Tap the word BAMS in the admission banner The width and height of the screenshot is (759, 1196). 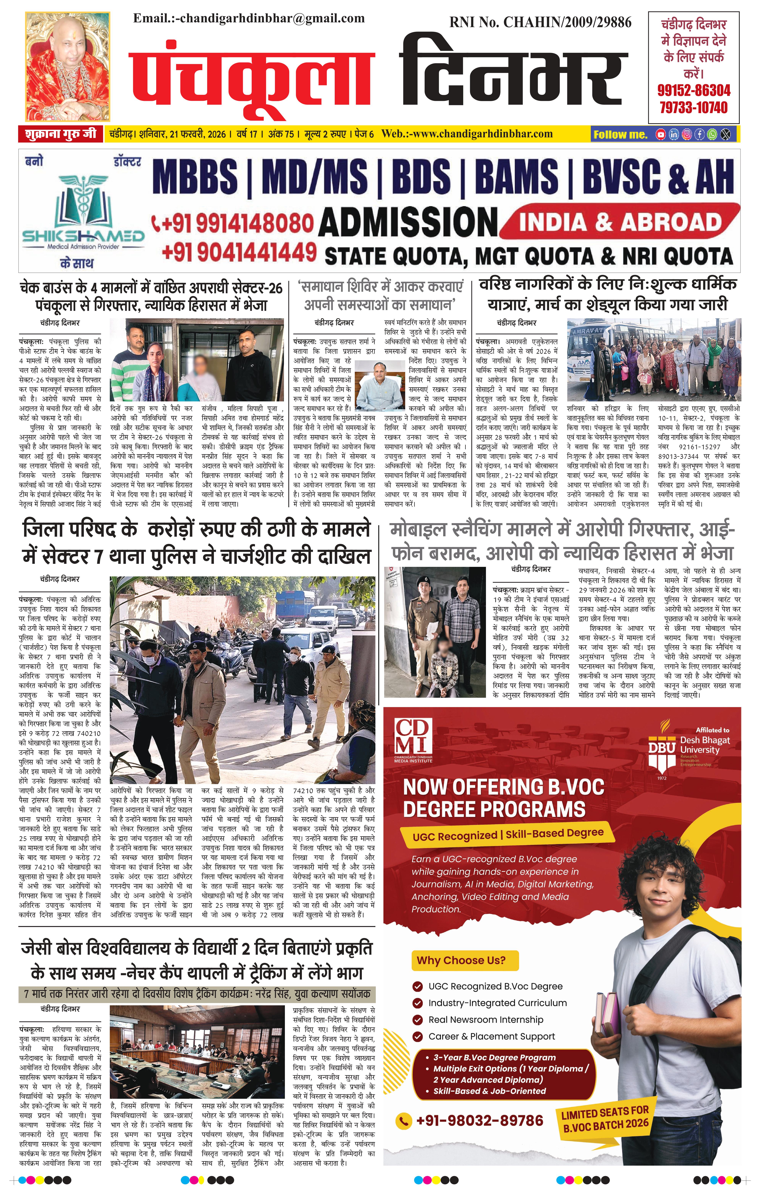pyautogui.click(x=516, y=177)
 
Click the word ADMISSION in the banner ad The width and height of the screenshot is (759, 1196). pyautogui.click(x=408, y=222)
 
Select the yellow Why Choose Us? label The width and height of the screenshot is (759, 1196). pyautogui.click(x=461, y=960)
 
